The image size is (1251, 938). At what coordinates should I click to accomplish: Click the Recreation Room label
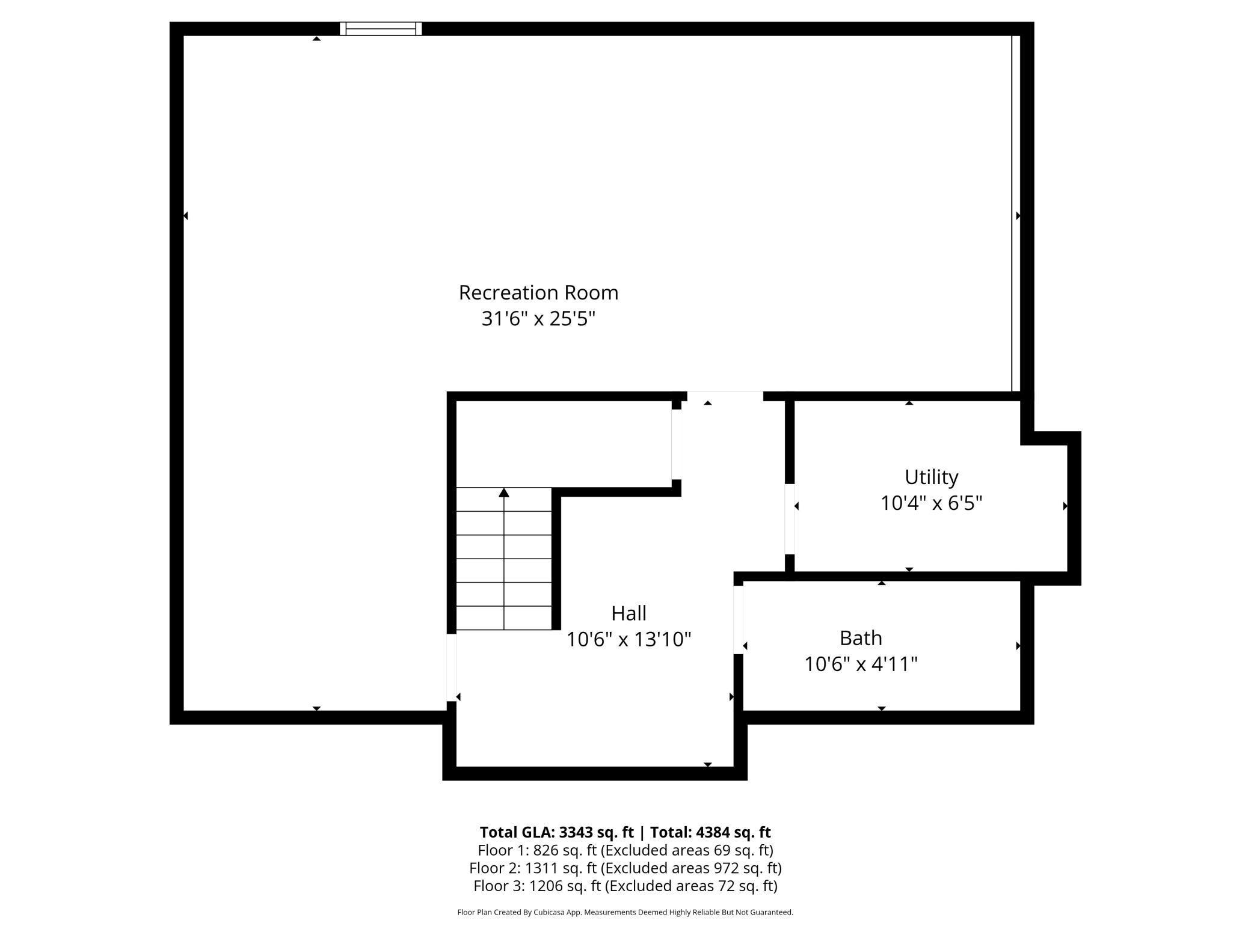pyautogui.click(x=538, y=293)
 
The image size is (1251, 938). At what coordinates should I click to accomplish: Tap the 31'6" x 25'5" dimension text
pyautogui.click(x=538, y=319)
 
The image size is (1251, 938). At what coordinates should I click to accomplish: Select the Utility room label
pyautogui.click(x=931, y=477)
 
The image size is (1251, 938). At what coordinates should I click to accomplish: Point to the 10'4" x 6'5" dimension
pyautogui.click(x=931, y=503)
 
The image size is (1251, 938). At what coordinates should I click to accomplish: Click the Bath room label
pyautogui.click(x=861, y=637)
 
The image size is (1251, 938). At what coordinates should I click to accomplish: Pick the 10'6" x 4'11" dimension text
pyautogui.click(x=861, y=664)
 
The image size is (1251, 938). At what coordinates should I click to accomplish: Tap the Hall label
pyautogui.click(x=629, y=613)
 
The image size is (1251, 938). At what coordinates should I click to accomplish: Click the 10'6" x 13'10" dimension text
pyautogui.click(x=629, y=639)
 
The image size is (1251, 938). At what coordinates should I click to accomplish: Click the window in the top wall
pyautogui.click(x=381, y=28)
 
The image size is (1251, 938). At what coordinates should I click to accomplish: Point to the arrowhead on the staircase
pyautogui.click(x=504, y=493)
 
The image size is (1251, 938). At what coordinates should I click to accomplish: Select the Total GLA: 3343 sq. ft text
pyautogui.click(x=556, y=832)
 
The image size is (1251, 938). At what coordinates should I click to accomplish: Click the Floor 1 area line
pyautogui.click(x=625, y=850)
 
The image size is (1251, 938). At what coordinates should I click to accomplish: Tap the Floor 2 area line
pyautogui.click(x=625, y=868)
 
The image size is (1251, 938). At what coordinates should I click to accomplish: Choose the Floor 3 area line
pyautogui.click(x=625, y=886)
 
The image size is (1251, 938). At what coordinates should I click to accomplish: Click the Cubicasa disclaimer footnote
pyautogui.click(x=625, y=912)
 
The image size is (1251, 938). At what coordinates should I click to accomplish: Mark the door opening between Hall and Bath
pyautogui.click(x=738, y=619)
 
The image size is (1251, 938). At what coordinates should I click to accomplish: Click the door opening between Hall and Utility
pyautogui.click(x=790, y=518)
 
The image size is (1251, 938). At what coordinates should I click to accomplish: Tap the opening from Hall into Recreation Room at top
pyautogui.click(x=725, y=396)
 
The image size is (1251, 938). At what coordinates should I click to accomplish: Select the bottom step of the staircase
pyautogui.click(x=504, y=618)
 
